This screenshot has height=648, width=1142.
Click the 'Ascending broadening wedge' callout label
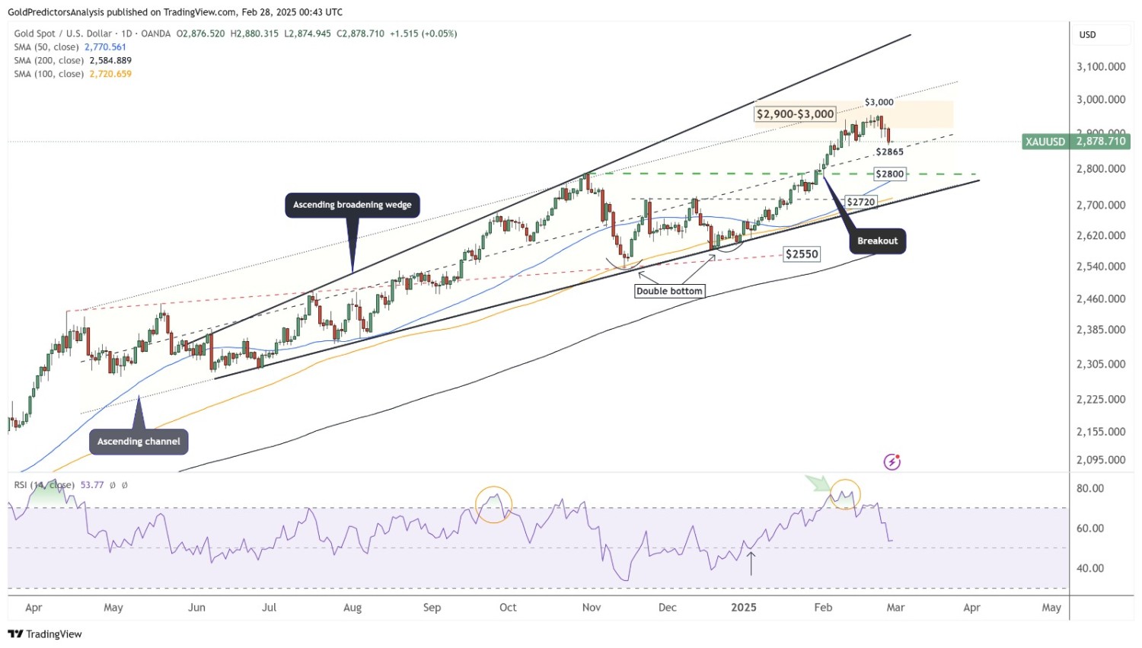click(x=352, y=205)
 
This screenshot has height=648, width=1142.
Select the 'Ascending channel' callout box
click(x=139, y=442)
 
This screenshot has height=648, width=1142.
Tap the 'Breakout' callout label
click(x=877, y=241)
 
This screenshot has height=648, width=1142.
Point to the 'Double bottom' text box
click(x=669, y=291)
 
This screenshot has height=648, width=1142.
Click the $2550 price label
click(x=802, y=254)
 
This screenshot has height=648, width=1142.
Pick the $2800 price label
click(x=889, y=174)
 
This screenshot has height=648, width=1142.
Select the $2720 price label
click(x=861, y=202)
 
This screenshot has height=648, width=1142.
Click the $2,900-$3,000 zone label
click(x=795, y=114)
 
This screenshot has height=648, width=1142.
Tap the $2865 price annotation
click(x=889, y=152)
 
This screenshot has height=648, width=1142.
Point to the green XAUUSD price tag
click(x=1076, y=142)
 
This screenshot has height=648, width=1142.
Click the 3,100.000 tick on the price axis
click(x=1101, y=67)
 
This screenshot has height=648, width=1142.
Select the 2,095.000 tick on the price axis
click(x=1101, y=460)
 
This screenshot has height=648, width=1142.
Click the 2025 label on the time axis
click(x=743, y=608)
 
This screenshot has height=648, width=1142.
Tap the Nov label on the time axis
click(x=591, y=608)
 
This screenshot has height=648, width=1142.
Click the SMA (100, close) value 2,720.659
click(x=110, y=74)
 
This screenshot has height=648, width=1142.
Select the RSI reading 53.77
click(x=92, y=485)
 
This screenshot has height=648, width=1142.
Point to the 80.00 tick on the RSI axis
click(x=1090, y=489)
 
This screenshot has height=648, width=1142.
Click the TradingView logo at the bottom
click(x=45, y=634)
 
